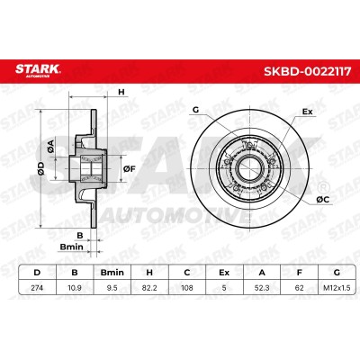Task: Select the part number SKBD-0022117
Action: coord(307,71)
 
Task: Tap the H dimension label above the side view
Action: coord(121,92)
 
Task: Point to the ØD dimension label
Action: coord(41,168)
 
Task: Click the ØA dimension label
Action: coord(51,146)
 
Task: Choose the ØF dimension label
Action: coord(130,169)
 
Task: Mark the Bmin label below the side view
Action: coord(71,247)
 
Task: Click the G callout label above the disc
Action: coord(195,110)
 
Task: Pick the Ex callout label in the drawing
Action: coord(308,112)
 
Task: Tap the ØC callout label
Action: coord(322,199)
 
